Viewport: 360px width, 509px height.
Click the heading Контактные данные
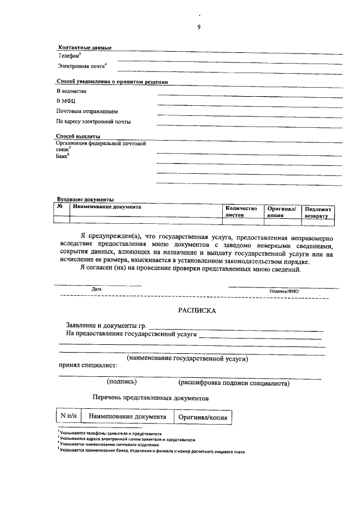[x=85, y=47]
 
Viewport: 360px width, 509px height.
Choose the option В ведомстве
[x=71, y=91]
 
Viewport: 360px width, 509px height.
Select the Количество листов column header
[x=241, y=211]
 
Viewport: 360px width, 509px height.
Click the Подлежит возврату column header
[x=318, y=211]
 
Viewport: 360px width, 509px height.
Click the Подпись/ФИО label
[x=284, y=291]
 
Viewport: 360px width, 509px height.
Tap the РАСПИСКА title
[x=197, y=310]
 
